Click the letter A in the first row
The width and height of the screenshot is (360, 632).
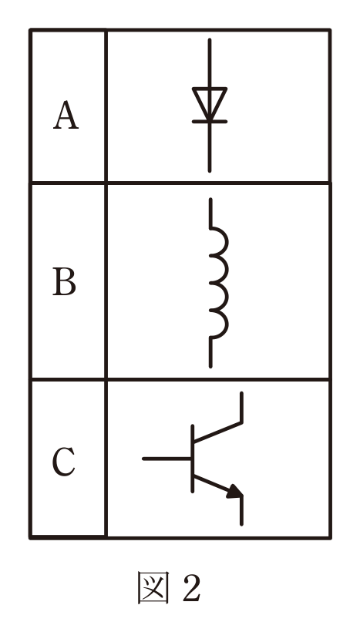[x=66, y=116]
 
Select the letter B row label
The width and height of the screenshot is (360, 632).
[x=65, y=281]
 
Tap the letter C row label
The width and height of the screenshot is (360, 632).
[x=64, y=462]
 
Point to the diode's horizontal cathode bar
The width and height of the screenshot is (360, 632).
[x=210, y=121]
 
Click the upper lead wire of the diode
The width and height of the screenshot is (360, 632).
[x=210, y=63]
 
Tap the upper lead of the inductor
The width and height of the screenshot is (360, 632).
[x=210, y=213]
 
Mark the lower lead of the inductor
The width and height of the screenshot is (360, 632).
[x=210, y=353]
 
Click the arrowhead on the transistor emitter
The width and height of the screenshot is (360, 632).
[x=235, y=492]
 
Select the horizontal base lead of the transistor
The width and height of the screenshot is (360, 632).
[x=167, y=459]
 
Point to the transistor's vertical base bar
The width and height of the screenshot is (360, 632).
[x=192, y=459]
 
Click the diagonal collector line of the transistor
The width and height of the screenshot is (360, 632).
[x=217, y=432]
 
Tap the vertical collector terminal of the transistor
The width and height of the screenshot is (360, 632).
[x=241, y=407]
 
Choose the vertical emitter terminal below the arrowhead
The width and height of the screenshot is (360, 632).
[x=241, y=511]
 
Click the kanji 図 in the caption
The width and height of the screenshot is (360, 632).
[x=153, y=587]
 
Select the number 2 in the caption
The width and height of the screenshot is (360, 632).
[x=191, y=587]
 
